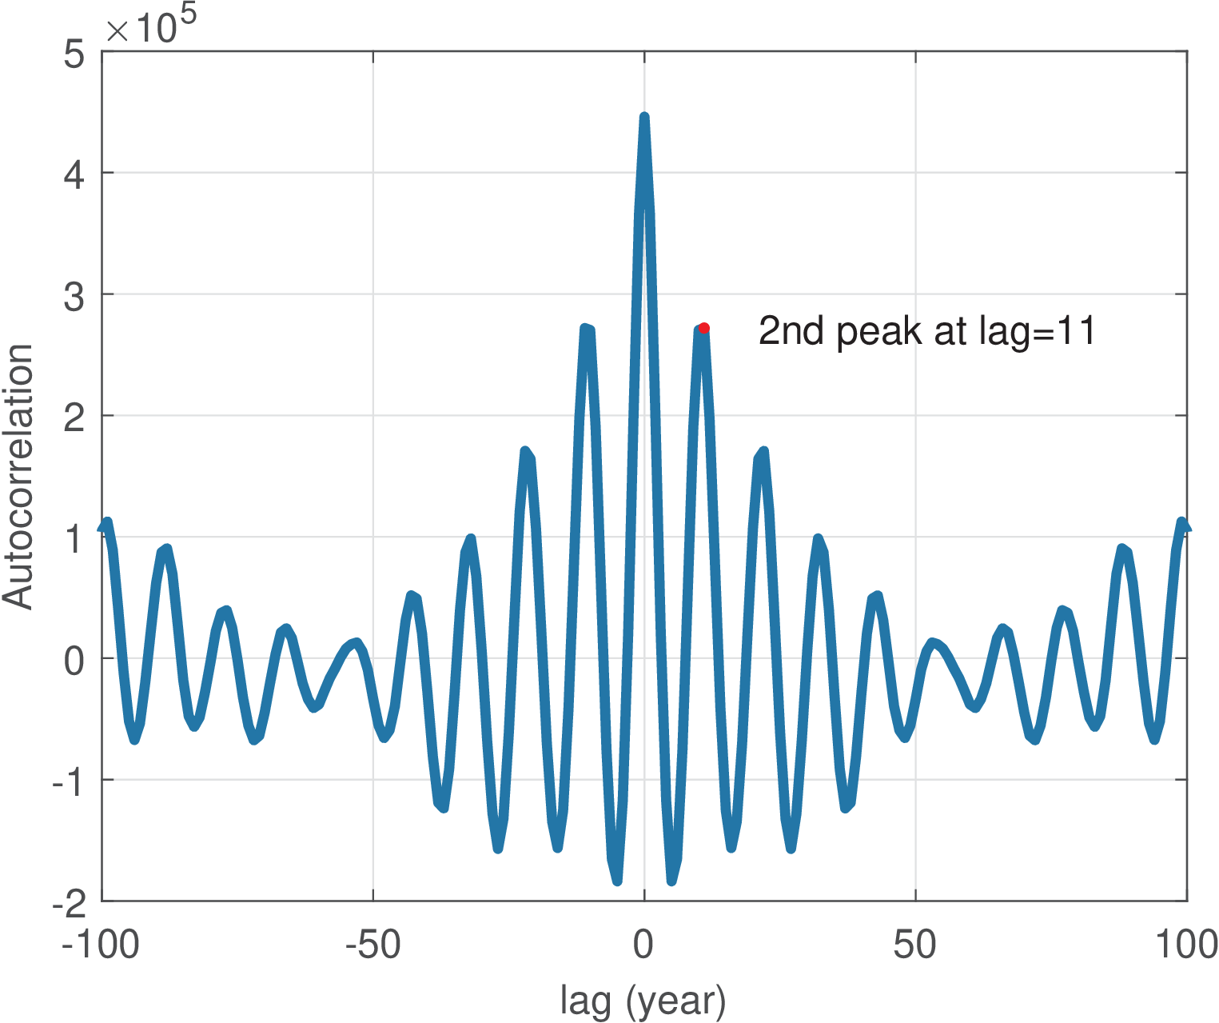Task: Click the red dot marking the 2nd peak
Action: [703, 328]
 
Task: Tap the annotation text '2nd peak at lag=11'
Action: [926, 330]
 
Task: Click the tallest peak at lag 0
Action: [644, 118]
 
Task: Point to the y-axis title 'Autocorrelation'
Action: [18, 477]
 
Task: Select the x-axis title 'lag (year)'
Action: [643, 1001]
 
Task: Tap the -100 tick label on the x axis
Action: [101, 945]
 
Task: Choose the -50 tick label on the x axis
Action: [372, 945]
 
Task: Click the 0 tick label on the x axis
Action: [643, 945]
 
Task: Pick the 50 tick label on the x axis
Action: [915, 945]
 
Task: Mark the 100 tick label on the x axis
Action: [1186, 945]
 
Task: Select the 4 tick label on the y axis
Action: [74, 174]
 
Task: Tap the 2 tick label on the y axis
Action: [74, 417]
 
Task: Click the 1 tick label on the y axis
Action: [74, 538]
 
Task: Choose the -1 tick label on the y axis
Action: [68, 781]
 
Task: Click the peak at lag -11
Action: [586, 329]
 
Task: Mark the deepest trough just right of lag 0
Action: [671, 881]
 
